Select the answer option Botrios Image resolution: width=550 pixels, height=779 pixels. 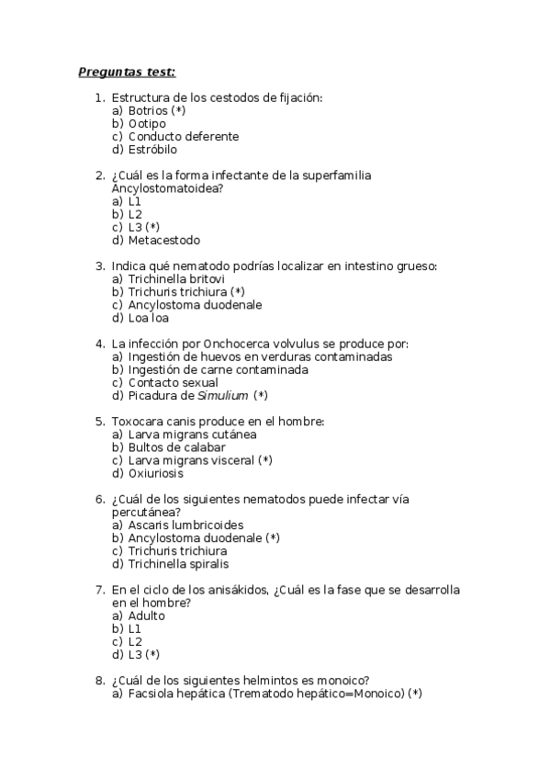pyautogui.click(x=149, y=110)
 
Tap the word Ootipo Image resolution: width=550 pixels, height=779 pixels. pyautogui.click(x=147, y=123)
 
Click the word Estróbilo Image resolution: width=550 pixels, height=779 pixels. pyautogui.click(x=152, y=149)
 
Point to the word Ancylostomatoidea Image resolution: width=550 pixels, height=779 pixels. pyautogui.click(x=165, y=187)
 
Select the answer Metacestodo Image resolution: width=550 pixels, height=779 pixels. pyautogui.click(x=163, y=240)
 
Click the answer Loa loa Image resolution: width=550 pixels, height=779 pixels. pyautogui.click(x=148, y=318)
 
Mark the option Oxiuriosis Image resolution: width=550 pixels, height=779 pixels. pyautogui.click(x=155, y=473)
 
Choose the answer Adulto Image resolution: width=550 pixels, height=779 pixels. pyautogui.click(x=146, y=615)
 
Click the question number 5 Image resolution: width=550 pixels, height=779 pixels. pyautogui.click(x=99, y=422)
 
